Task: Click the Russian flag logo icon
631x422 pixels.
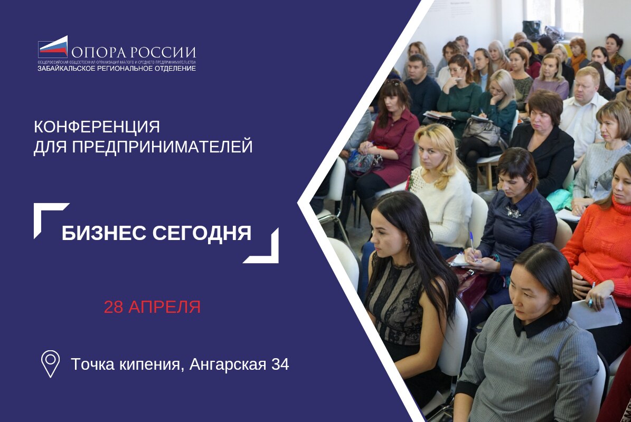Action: tap(53, 47)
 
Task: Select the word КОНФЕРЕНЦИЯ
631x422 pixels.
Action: tap(97, 127)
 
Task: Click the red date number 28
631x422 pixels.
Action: tap(113, 307)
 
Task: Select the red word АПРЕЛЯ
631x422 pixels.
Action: tap(164, 307)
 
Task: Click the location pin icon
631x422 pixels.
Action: tap(50, 363)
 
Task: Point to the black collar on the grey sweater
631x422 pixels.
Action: tap(533, 324)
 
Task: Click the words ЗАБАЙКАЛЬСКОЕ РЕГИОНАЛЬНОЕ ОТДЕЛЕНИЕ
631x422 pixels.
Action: tap(116, 68)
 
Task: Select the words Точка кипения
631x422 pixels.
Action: tap(127, 364)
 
